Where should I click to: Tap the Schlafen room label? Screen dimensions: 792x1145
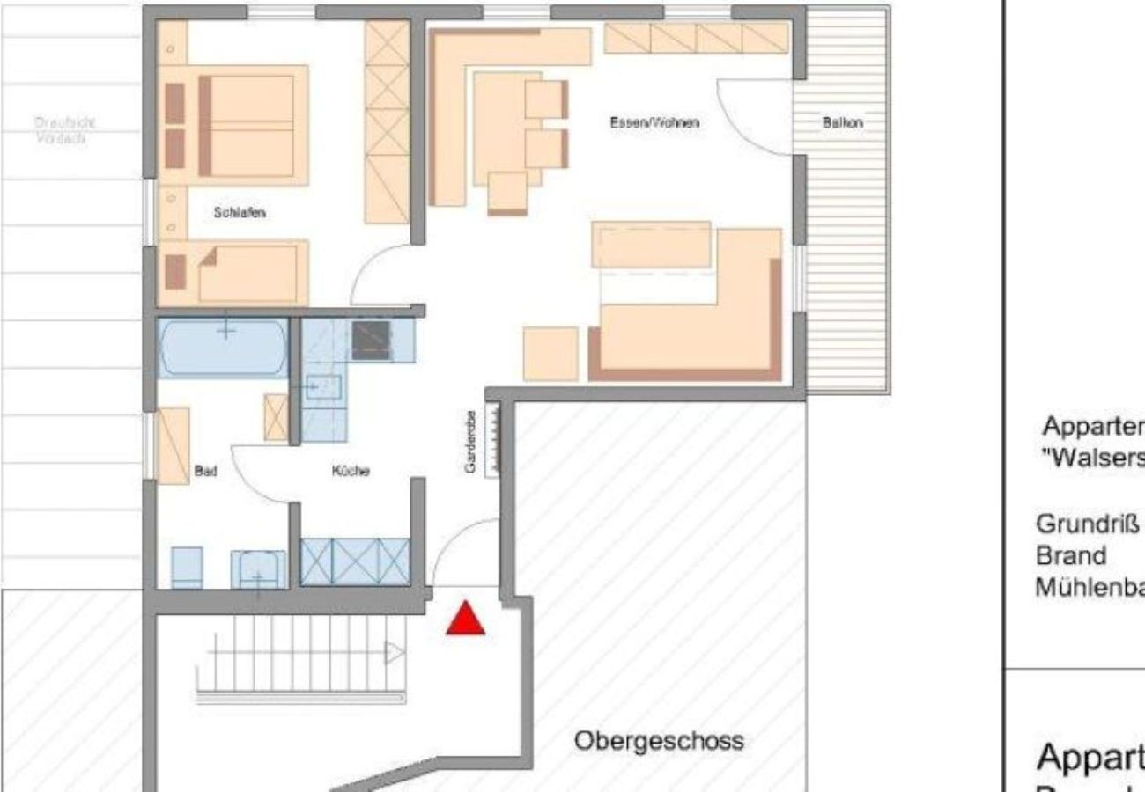click(x=240, y=213)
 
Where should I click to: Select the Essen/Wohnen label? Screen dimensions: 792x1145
click(x=654, y=123)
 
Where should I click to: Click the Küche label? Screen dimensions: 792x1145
click(x=351, y=471)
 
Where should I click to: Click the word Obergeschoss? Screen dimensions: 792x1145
click(x=659, y=741)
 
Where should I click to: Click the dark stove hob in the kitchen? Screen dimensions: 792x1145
click(x=371, y=341)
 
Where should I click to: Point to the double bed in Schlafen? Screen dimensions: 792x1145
click(x=247, y=126)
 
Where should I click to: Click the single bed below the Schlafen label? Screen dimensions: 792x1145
click(x=247, y=273)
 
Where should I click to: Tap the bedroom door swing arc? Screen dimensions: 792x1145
click(x=374, y=273)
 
